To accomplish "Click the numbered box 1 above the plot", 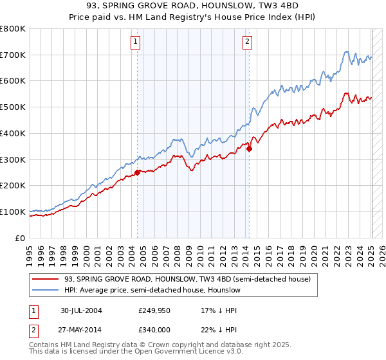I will coord(136,42).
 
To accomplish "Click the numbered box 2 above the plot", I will coord(248,42).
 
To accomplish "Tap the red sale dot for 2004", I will coord(138,172).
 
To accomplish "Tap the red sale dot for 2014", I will coord(250,148).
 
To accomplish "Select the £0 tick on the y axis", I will coord(21,238).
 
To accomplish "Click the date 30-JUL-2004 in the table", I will coord(82,310).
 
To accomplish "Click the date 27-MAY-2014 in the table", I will coord(82,328).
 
